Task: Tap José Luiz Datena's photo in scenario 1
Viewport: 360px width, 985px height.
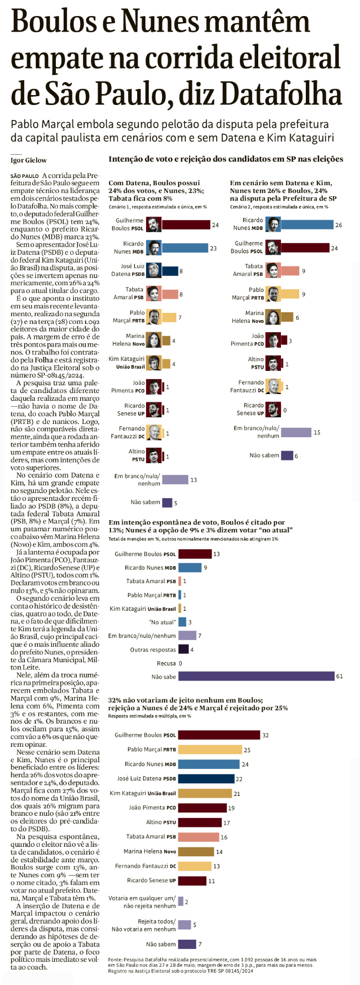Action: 154,270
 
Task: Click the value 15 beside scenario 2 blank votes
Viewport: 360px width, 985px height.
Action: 317,432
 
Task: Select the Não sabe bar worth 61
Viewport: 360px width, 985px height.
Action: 256,676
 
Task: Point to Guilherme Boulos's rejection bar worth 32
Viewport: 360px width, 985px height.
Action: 219,735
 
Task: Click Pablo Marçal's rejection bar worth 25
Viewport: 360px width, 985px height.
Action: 210,750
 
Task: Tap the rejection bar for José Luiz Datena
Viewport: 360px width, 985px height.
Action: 206,778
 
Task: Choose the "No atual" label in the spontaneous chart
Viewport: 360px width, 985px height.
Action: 163,622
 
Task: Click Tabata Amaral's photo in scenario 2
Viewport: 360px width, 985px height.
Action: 273,270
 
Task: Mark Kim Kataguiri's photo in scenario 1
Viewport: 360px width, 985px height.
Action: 154,363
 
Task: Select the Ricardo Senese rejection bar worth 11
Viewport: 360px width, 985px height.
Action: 192,881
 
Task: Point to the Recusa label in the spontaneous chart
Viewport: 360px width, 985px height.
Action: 167,663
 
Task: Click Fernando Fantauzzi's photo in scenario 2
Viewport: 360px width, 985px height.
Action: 273,386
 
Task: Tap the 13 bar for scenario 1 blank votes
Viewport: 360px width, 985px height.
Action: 175,480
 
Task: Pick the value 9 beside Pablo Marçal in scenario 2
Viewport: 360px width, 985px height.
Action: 304,294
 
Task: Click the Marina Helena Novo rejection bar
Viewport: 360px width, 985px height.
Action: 196,851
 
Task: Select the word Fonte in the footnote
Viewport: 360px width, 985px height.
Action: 116,960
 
